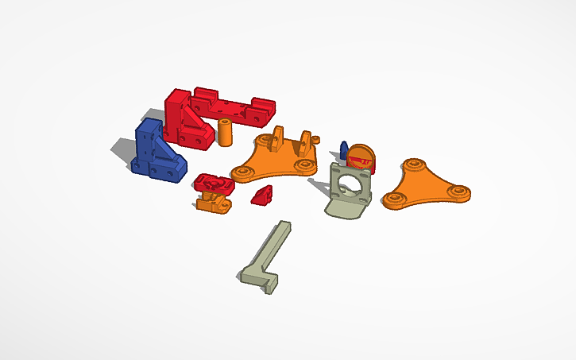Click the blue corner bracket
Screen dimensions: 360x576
(x=154, y=151)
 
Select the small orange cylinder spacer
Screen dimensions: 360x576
(x=225, y=132)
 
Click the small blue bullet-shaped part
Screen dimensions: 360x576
(x=344, y=149)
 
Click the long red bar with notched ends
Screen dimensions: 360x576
(x=232, y=106)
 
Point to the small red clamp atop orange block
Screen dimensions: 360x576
(x=212, y=184)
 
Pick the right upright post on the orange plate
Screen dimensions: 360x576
(x=306, y=142)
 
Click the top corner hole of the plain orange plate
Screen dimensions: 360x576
(x=412, y=165)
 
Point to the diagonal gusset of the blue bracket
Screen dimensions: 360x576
(x=167, y=149)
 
